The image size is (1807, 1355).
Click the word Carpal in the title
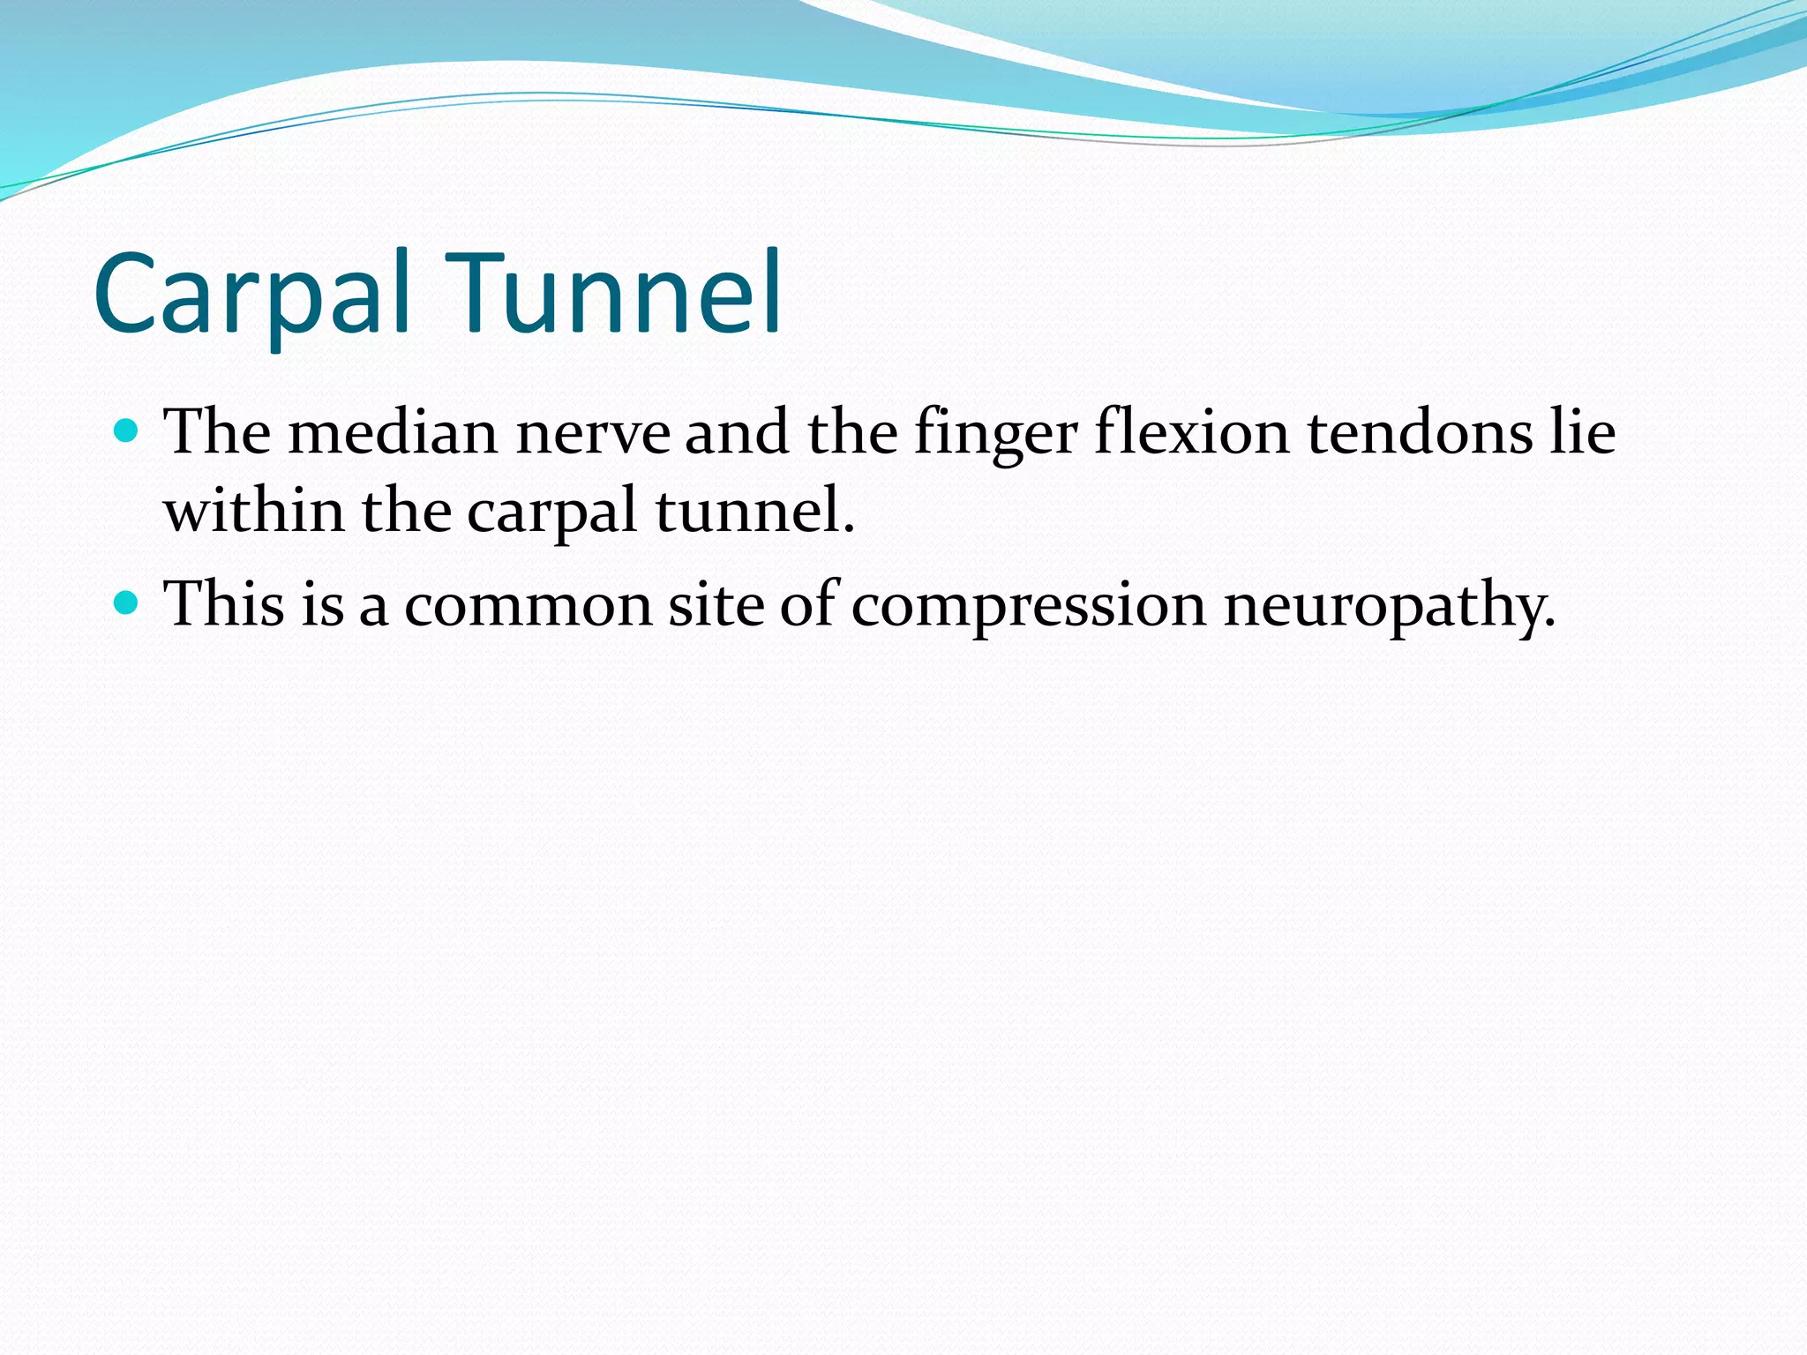[x=251, y=296]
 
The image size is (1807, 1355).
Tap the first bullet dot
[x=127, y=431]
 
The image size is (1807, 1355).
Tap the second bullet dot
[x=127, y=603]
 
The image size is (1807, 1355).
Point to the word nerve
[x=592, y=433]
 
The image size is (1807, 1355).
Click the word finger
[x=995, y=435]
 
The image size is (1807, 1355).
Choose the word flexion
[x=1192, y=433]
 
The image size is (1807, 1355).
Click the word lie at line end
[x=1583, y=433]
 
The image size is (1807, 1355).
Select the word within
[x=254, y=511]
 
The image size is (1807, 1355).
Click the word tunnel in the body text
[x=755, y=511]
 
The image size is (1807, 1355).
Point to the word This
[x=224, y=604]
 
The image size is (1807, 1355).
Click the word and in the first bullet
[x=737, y=433]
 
